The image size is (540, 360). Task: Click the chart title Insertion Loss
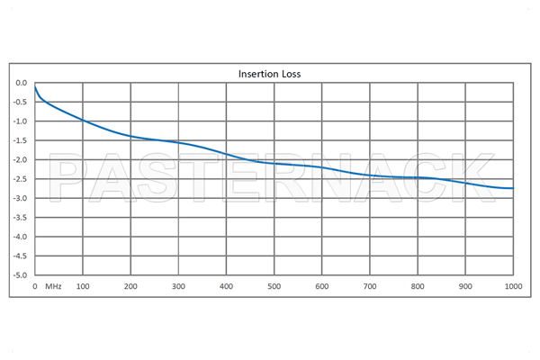pyautogui.click(x=269, y=73)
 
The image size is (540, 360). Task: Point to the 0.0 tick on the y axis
pyautogui.click(x=22, y=83)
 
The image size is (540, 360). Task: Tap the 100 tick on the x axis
pyautogui.click(x=84, y=287)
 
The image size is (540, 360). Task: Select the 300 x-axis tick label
pyautogui.click(x=179, y=287)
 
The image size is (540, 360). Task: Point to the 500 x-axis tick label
pyautogui.click(x=274, y=287)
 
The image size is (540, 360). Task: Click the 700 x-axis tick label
pyautogui.click(x=370, y=287)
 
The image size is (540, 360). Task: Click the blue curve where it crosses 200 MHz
pyautogui.click(x=131, y=136)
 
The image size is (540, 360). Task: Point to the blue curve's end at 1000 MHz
pyautogui.click(x=513, y=188)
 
